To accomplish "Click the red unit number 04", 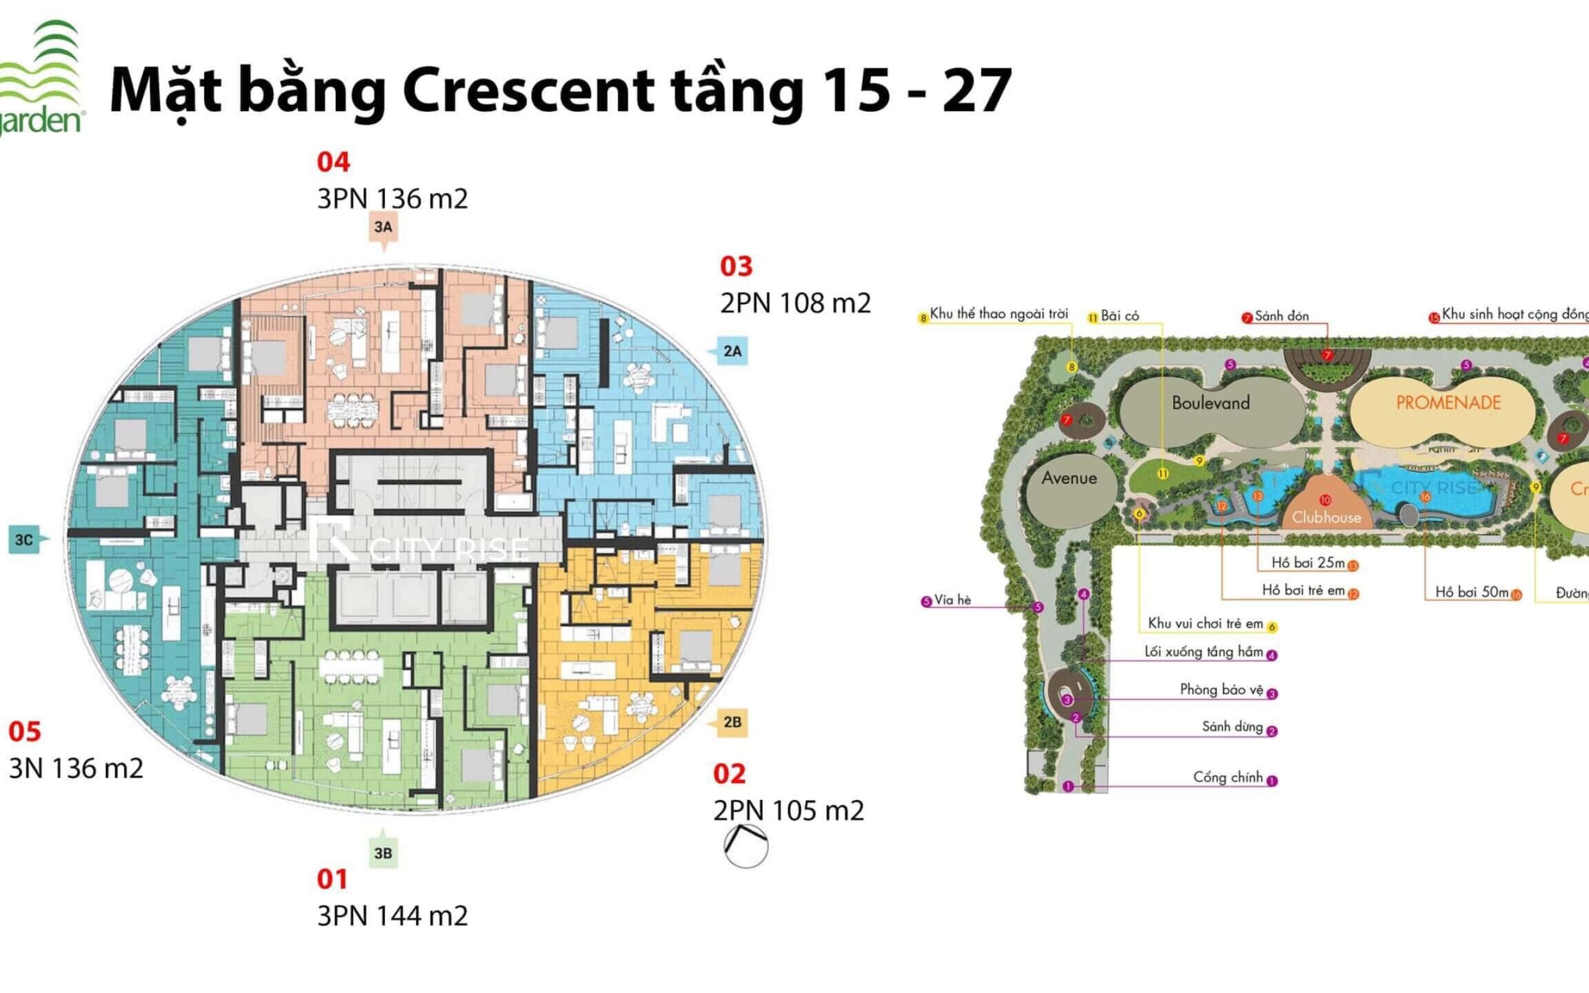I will [333, 162].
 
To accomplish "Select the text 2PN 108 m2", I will [795, 303].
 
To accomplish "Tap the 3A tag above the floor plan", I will [384, 227].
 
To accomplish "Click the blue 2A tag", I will [732, 351].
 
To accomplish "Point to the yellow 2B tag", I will [732, 722].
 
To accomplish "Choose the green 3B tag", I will [383, 853].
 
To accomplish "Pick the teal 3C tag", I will [24, 540].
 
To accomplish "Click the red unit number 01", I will [331, 879].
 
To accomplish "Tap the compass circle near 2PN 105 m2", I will [746, 847].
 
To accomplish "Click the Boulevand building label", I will [1211, 403].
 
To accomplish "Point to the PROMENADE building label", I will [1449, 403].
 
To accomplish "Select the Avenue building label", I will [1069, 478].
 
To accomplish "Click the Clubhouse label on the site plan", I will [1326, 518].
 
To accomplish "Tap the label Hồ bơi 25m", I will [1308, 563].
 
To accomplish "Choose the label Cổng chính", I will [1228, 778].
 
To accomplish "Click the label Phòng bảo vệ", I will [1222, 690].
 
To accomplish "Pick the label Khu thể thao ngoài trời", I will [999, 314].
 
